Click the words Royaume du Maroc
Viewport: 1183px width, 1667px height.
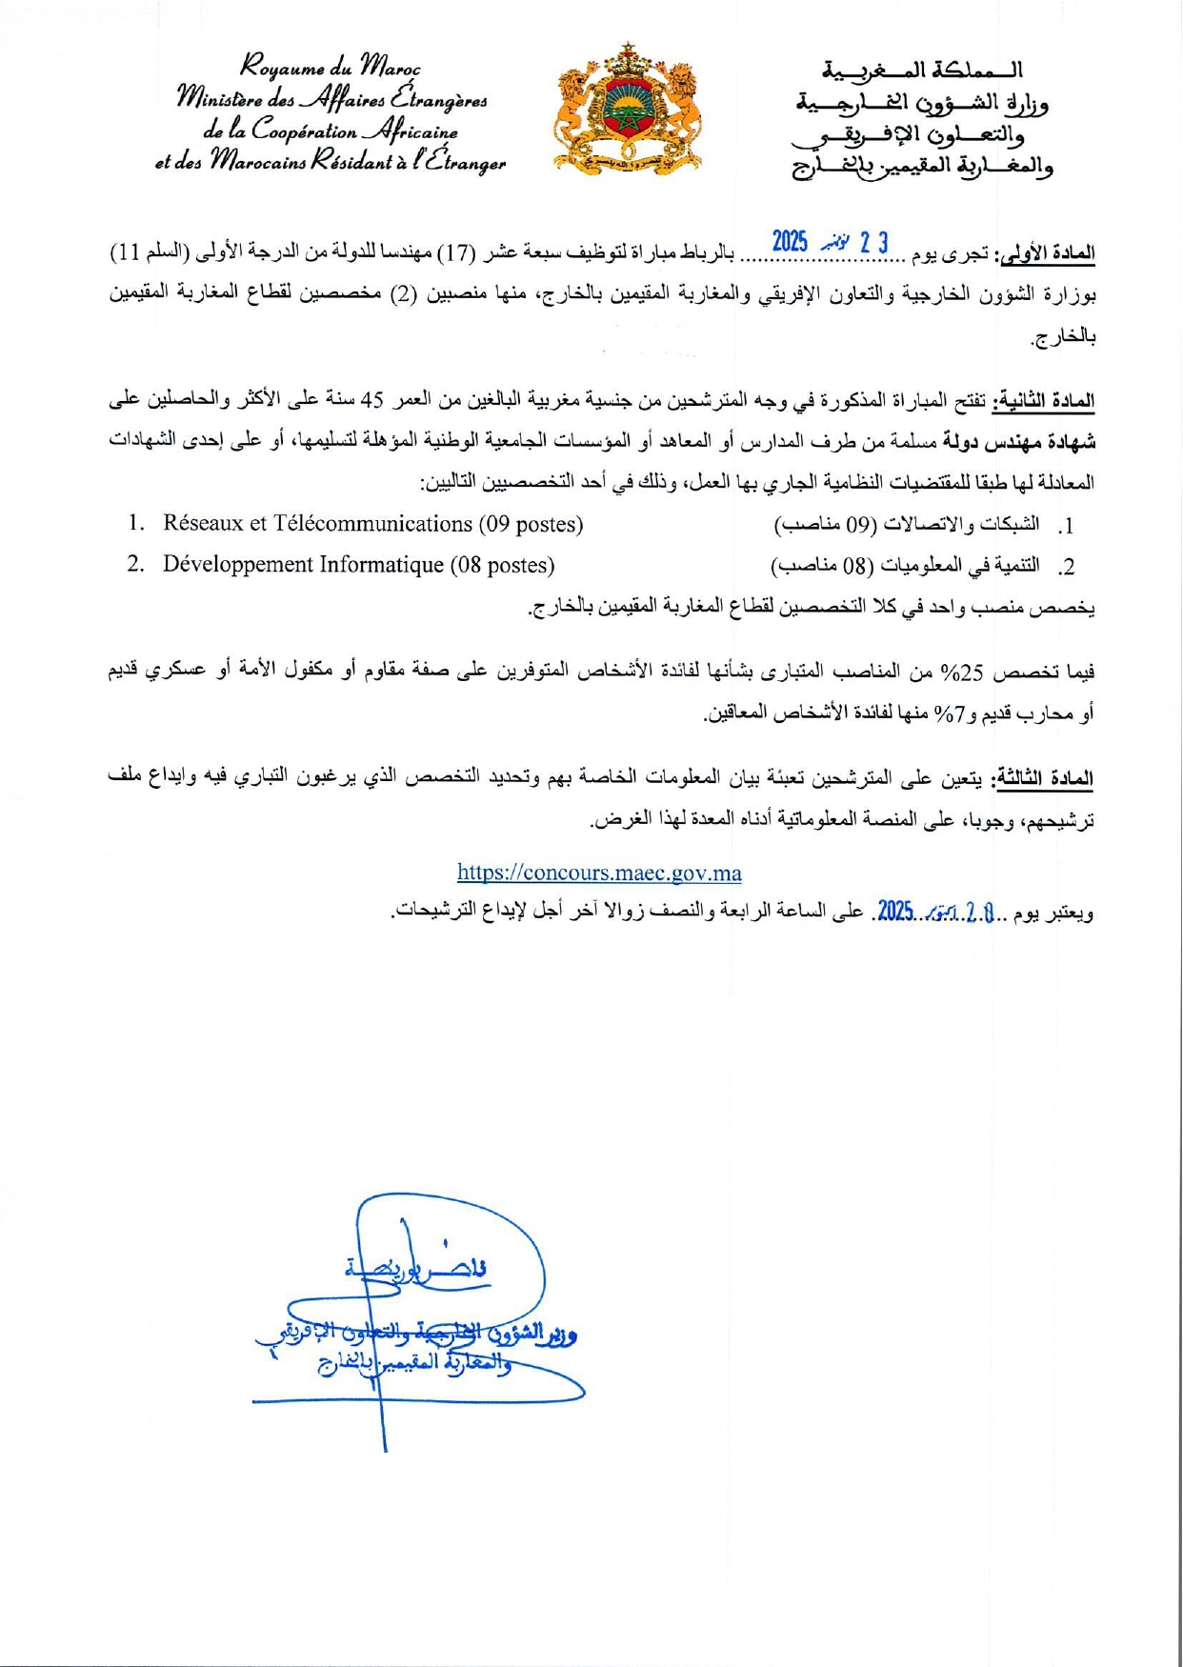[x=330, y=69]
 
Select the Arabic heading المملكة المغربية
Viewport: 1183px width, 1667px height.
[x=922, y=70]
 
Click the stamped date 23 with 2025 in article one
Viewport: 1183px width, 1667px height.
[x=830, y=242]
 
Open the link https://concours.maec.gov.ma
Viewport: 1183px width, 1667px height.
[x=599, y=873]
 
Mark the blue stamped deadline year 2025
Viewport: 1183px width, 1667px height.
[x=895, y=912]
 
